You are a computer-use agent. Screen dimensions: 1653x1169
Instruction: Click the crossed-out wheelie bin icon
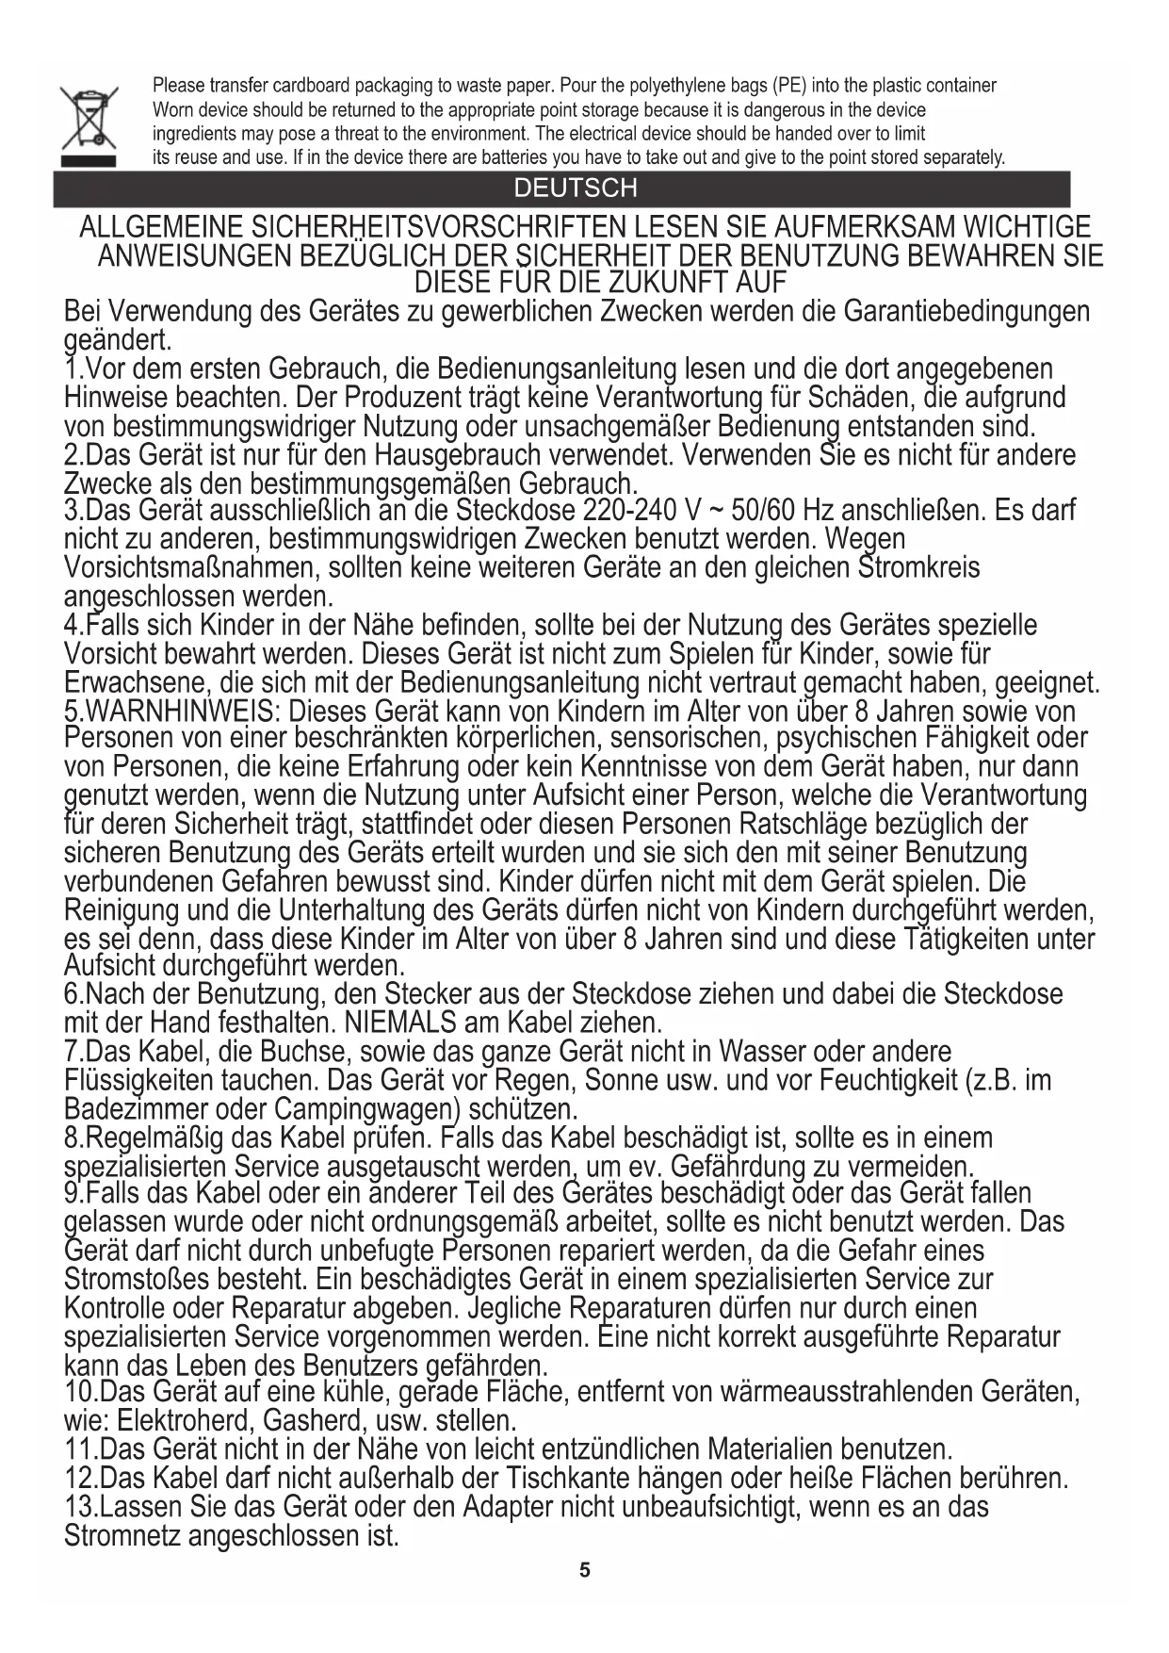pyautogui.click(x=89, y=124)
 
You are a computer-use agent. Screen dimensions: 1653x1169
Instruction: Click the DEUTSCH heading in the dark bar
pyautogui.click(x=575, y=188)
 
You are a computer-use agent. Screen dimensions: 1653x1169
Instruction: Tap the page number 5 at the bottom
pyautogui.click(x=584, y=1570)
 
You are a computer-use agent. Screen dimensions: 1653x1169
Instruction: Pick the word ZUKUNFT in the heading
pyautogui.click(x=670, y=282)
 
